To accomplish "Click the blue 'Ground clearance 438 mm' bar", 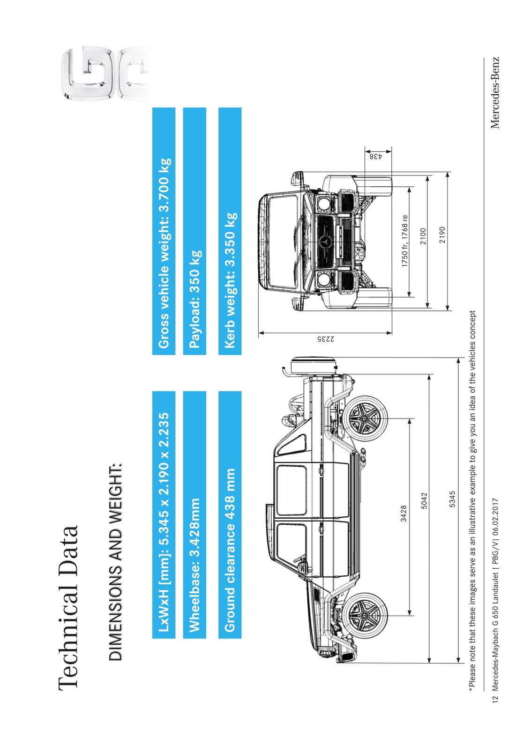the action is point(230,515).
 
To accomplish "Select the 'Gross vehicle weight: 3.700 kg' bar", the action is point(164,231).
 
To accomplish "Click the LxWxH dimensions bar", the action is point(164,515).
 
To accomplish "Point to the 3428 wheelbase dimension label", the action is point(403,514).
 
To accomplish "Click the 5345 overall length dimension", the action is point(452,499).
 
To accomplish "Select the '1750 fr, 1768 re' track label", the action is point(405,241).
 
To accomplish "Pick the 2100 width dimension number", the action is point(423,236).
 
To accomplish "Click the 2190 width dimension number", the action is point(442,235).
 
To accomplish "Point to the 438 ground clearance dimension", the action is point(376,156).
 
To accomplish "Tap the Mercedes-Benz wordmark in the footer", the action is point(495,93).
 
